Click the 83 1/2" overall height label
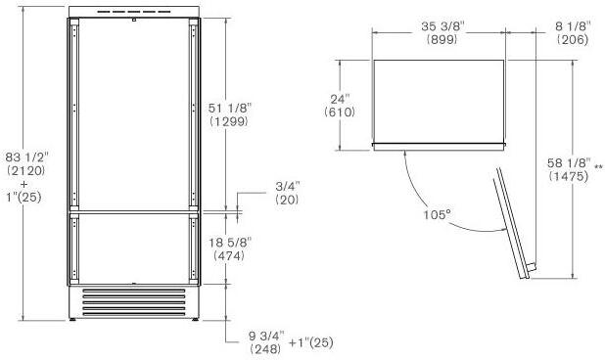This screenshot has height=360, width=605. click(27, 157)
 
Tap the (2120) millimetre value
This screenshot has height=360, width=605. click(26, 171)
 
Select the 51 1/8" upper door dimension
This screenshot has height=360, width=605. click(229, 108)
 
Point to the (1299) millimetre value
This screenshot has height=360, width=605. click(229, 121)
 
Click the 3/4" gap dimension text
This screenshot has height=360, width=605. click(287, 186)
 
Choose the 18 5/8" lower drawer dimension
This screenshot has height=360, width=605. click(230, 243)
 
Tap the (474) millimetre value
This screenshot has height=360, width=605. click(229, 255)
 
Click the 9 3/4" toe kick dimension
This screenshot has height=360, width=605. click(266, 336)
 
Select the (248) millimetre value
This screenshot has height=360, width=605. click(265, 349)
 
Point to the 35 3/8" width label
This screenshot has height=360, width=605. click(442, 26)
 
